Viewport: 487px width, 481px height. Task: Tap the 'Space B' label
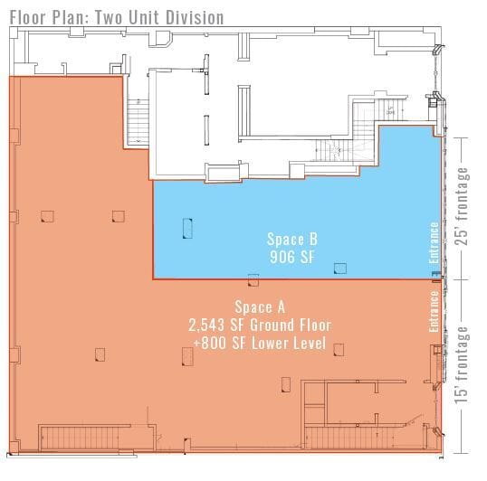[x=291, y=240]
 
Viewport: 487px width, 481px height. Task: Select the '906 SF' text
[x=291, y=257]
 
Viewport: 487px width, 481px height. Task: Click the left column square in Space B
[x=188, y=227]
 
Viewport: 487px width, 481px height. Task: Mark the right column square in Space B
[x=340, y=268]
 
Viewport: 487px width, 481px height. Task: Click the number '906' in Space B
[x=280, y=257]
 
